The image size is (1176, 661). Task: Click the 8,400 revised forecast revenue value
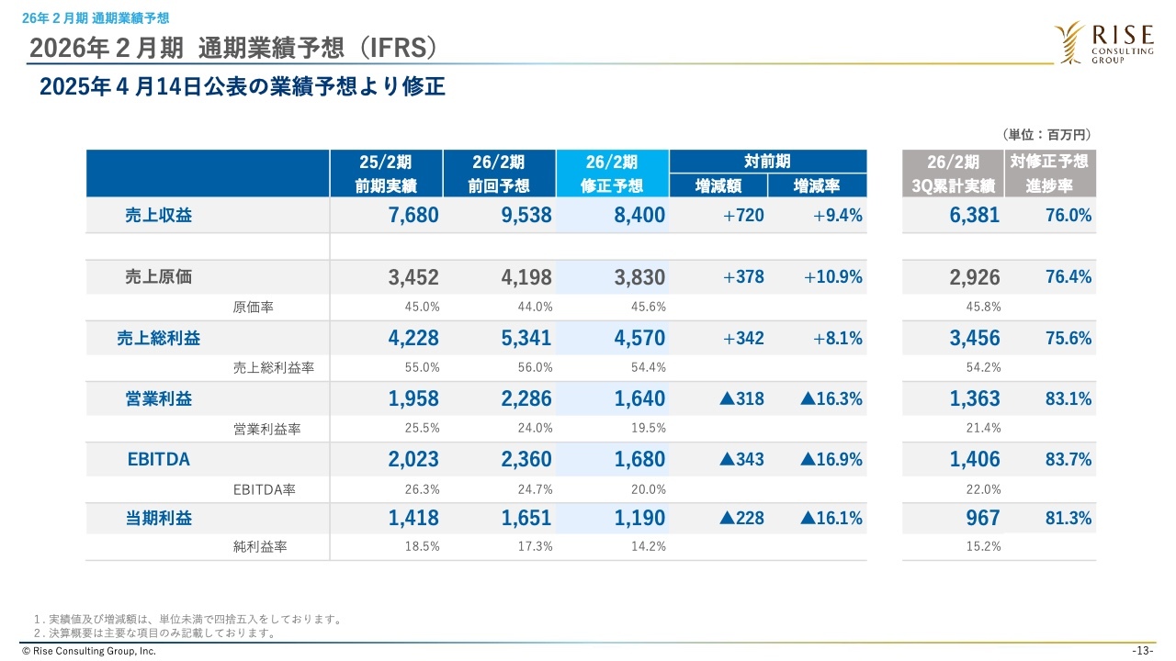point(639,216)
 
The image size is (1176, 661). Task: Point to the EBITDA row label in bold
point(159,459)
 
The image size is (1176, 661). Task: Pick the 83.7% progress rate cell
point(1068,459)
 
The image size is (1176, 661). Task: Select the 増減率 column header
point(817,186)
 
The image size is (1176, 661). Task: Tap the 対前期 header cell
point(767,162)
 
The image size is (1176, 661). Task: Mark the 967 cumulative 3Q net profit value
point(982,518)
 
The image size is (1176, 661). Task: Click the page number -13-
point(1143,651)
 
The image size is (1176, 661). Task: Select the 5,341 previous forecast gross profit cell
point(526,338)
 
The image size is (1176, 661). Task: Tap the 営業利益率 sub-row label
point(267,429)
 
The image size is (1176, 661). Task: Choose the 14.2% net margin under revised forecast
point(650,546)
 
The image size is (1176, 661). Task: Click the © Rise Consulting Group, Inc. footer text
point(82,651)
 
